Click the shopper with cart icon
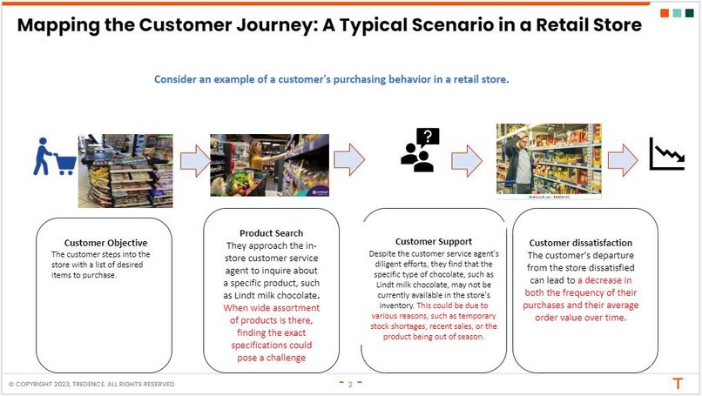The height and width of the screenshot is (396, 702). point(53,158)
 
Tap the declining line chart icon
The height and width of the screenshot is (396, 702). point(665,155)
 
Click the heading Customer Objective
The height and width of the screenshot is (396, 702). point(105,243)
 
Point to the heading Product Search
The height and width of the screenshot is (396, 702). point(271,233)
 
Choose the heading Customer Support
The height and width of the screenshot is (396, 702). point(433,241)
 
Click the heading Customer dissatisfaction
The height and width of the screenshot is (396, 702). point(581,243)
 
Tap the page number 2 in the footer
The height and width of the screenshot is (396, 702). point(349,384)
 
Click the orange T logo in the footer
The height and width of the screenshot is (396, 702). point(677,383)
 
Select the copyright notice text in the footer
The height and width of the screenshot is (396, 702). point(91,384)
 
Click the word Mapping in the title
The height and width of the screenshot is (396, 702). point(63,24)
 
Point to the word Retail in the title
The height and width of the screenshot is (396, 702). point(546,24)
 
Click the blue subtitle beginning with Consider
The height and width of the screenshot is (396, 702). point(331,79)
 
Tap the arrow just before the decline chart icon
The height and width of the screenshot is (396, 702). point(623,160)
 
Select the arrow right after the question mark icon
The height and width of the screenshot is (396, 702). point(466,160)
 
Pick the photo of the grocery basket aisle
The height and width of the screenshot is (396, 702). point(269,164)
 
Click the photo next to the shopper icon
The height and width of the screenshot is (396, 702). point(125,170)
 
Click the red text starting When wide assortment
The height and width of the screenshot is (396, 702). point(270,332)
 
